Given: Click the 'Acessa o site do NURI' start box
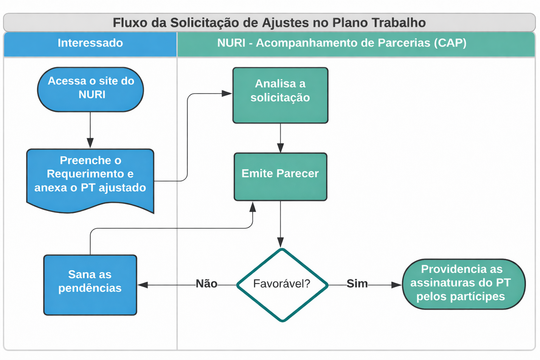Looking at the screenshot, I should tap(90, 89).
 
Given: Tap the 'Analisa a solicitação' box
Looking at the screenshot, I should tap(280, 95).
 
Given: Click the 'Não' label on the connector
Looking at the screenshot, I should tap(206, 284).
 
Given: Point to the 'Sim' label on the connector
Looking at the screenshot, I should tap(357, 284).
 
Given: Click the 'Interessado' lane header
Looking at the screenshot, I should tap(90, 43).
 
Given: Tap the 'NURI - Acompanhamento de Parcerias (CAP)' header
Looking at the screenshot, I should tap(342, 43).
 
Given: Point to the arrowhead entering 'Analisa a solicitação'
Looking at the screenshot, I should tap(227, 94).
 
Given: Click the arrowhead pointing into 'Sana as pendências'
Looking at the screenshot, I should tap(142, 285).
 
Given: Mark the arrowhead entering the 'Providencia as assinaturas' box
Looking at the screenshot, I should tap(397, 285).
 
